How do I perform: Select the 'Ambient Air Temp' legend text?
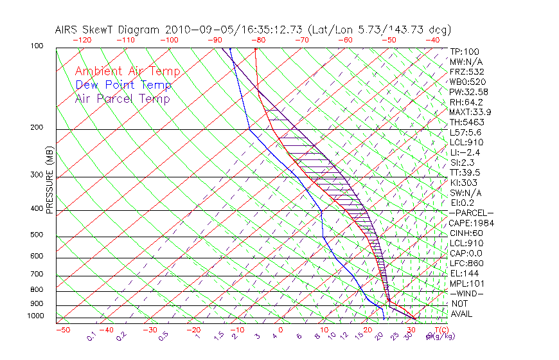tap(127, 71)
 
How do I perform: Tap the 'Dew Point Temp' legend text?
tap(123, 85)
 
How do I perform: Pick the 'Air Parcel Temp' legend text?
tap(122, 98)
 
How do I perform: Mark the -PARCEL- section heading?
tap(471, 213)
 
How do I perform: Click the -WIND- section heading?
tap(466, 293)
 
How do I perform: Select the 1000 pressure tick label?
tap(37, 316)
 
